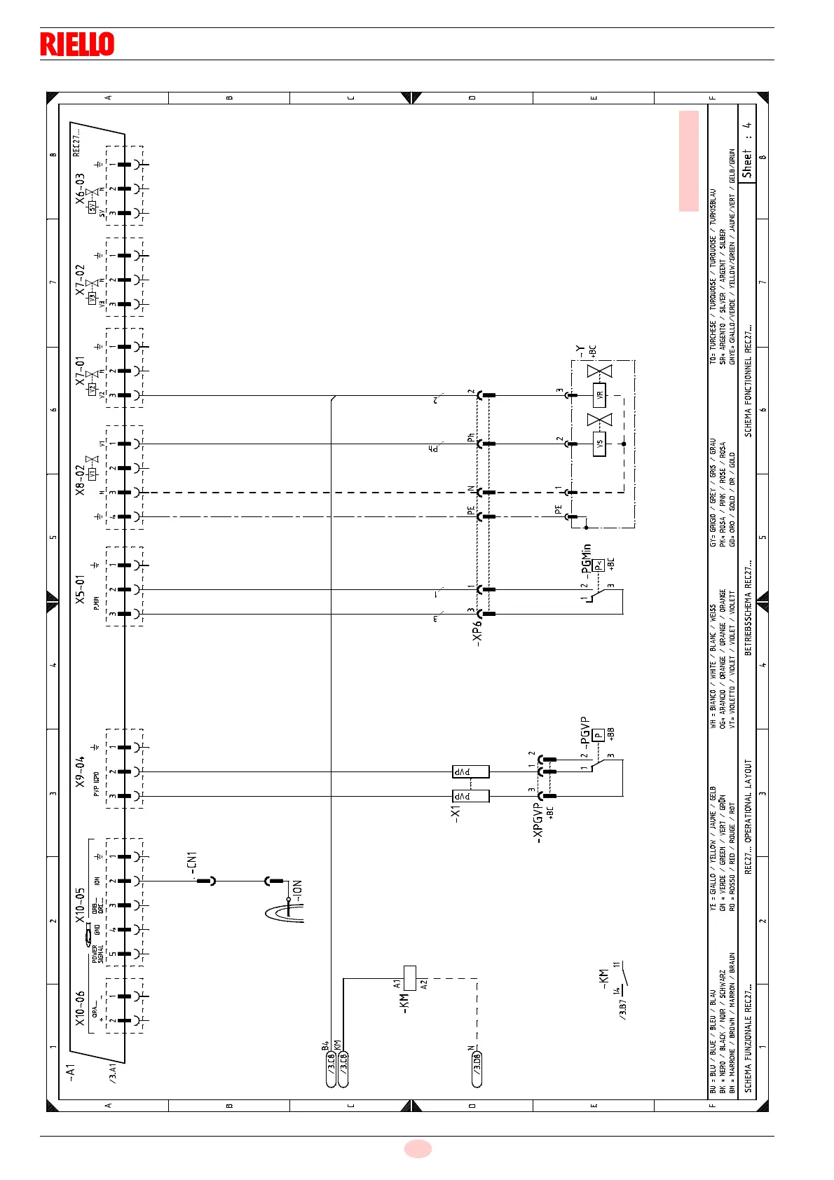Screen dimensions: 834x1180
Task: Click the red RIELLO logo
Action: coord(77,44)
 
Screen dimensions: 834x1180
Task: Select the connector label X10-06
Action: coord(81,1008)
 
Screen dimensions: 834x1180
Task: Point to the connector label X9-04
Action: coord(81,771)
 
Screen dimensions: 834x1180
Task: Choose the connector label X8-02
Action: coord(81,479)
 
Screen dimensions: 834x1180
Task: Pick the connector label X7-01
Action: coord(81,371)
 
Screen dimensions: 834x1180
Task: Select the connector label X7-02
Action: coord(81,280)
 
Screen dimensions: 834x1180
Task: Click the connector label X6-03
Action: coord(81,189)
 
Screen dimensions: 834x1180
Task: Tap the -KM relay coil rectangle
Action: coord(410,977)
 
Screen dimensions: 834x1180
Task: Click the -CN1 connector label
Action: coord(193,864)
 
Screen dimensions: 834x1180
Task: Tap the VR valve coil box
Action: coord(599,395)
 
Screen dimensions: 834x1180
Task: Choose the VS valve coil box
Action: coord(599,444)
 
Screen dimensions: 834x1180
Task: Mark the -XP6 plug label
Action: coord(478,631)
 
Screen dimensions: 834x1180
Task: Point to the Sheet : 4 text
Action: coord(747,150)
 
